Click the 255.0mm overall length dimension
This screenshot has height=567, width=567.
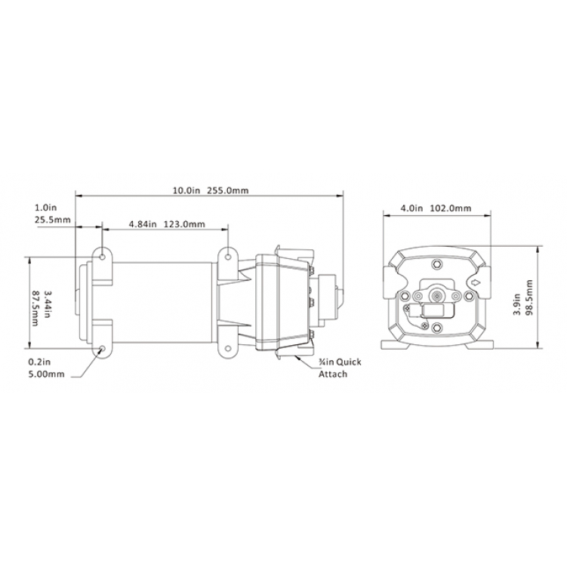(228, 190)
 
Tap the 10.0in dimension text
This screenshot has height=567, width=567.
(186, 190)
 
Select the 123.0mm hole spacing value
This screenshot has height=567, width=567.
(184, 224)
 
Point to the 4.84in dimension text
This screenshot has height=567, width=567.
(143, 224)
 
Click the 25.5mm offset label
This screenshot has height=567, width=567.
(53, 220)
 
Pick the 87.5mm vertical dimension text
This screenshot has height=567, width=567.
(35, 308)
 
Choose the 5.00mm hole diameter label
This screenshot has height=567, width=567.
(46, 374)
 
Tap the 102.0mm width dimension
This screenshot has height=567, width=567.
(451, 208)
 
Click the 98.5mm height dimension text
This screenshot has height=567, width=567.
(529, 297)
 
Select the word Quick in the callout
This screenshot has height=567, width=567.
(349, 362)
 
